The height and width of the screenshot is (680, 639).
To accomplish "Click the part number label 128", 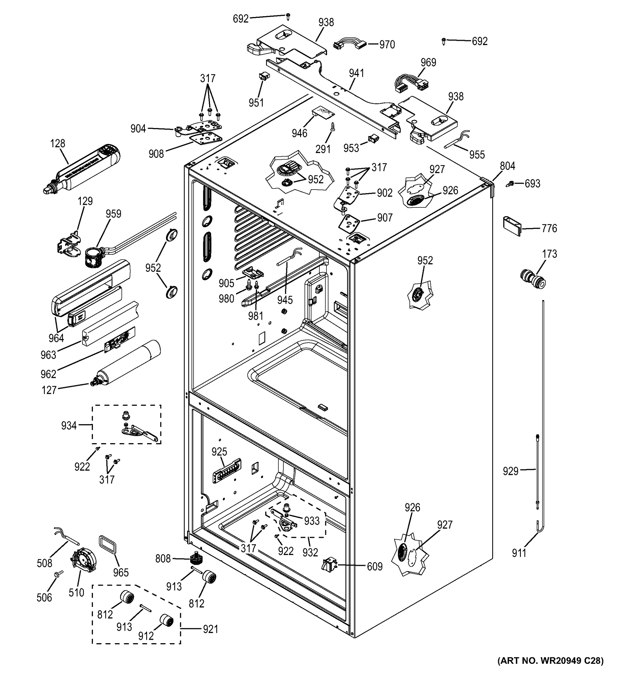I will [58, 143].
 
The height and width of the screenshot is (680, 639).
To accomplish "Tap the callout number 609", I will [375, 566].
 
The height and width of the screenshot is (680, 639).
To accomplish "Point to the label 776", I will [549, 228].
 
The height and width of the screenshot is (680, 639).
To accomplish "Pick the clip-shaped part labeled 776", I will [512, 226].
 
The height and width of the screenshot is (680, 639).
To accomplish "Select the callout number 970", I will [387, 44].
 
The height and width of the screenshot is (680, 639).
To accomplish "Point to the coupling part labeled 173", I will [532, 279].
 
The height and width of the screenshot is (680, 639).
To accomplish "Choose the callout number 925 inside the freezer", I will [219, 452].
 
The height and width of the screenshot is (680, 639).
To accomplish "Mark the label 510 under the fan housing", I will [76, 592].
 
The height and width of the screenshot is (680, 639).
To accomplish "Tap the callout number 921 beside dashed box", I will [210, 628].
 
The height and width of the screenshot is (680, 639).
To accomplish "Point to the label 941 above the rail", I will [356, 73].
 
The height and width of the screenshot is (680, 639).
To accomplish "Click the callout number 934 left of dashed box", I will [69, 426].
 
